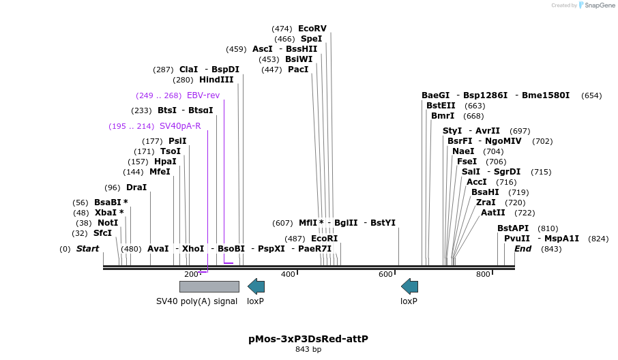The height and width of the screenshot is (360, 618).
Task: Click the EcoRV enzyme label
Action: (312, 29)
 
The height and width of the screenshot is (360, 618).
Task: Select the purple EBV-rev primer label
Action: (203, 95)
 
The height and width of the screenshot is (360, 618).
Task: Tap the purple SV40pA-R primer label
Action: (180, 126)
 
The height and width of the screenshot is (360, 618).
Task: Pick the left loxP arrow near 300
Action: (256, 286)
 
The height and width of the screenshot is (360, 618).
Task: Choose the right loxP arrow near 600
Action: (409, 286)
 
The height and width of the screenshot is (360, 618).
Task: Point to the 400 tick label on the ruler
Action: (288, 274)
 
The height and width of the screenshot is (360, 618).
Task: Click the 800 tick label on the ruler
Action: (483, 274)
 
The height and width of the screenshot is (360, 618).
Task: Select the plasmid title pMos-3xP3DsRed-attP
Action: (308, 338)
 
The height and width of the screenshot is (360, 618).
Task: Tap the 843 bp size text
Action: (308, 350)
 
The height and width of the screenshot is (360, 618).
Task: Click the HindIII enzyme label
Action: (216, 80)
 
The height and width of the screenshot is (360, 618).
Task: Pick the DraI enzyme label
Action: (136, 187)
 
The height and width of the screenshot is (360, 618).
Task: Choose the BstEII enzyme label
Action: (441, 106)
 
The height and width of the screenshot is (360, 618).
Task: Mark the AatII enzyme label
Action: (493, 213)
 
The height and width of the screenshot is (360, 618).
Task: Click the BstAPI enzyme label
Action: (513, 228)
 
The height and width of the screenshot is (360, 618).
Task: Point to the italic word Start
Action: (87, 249)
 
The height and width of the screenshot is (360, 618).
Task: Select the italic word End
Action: (523, 249)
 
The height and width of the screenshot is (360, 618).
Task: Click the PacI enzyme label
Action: (298, 70)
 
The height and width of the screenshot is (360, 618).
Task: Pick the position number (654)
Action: (591, 95)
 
